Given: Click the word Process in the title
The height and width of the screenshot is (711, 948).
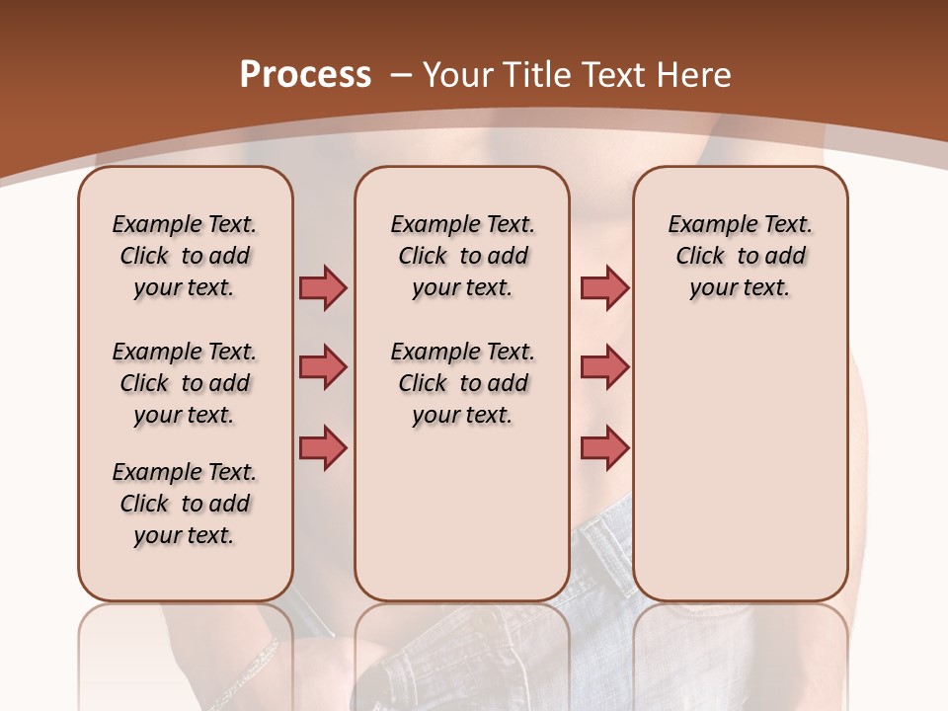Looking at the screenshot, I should [305, 74].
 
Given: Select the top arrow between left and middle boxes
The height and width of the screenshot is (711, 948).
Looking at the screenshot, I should [323, 288].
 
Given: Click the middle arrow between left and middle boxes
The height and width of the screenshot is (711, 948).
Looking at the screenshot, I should [323, 367].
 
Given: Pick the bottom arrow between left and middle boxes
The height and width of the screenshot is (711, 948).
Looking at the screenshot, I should [323, 448].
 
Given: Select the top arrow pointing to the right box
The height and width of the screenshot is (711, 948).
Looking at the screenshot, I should [604, 288].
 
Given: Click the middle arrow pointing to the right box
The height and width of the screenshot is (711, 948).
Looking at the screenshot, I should [604, 367].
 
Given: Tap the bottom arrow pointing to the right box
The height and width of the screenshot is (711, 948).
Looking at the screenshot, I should [604, 448].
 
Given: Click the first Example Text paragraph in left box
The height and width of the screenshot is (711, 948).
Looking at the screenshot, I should [185, 256].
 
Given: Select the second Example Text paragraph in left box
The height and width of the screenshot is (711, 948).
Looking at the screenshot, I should [185, 383].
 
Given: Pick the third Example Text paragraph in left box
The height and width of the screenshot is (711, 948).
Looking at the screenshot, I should [185, 504].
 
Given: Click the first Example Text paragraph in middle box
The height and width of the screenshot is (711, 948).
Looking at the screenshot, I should [462, 256].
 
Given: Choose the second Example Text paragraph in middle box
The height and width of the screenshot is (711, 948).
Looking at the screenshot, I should [462, 383].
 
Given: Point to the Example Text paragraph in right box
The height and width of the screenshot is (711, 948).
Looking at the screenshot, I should [740, 256].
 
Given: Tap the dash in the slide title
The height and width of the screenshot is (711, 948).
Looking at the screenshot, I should [401, 74].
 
